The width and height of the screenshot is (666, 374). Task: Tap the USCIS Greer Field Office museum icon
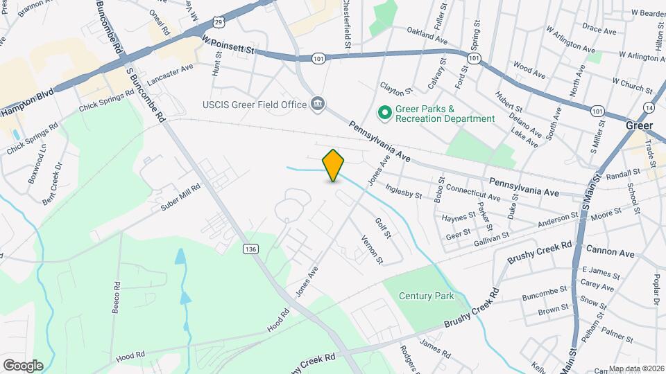[x=318, y=105]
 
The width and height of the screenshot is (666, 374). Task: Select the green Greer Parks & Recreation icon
[x=384, y=111]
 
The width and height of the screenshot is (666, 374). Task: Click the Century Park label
[x=426, y=296]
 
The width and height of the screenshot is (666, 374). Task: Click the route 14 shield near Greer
[x=648, y=108]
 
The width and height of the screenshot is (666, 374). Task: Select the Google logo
[x=23, y=365]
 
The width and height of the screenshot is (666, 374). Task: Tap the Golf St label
[x=383, y=228]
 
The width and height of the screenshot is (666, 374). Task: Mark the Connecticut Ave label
[x=472, y=188]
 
